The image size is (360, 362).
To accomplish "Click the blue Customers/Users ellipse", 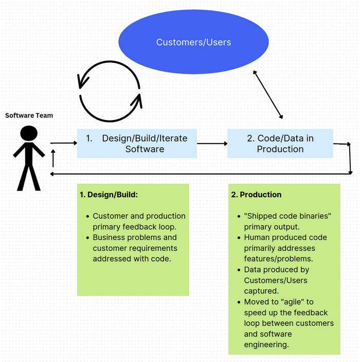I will [x=193, y=42].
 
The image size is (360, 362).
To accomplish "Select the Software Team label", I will [x=29, y=115].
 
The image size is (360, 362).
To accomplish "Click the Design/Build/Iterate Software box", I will [x=137, y=144].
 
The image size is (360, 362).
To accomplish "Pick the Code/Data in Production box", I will [x=280, y=144].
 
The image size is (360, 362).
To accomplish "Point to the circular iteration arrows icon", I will [x=110, y=91].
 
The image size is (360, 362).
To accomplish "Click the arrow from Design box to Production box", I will [x=212, y=144].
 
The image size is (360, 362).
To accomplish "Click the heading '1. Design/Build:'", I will [x=109, y=195].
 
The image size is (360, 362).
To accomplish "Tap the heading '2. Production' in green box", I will [x=256, y=195].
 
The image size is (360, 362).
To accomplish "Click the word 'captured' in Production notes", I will [x=260, y=291].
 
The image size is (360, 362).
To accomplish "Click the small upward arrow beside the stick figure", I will [x=53, y=159].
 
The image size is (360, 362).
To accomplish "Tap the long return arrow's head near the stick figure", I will [x=52, y=174].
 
